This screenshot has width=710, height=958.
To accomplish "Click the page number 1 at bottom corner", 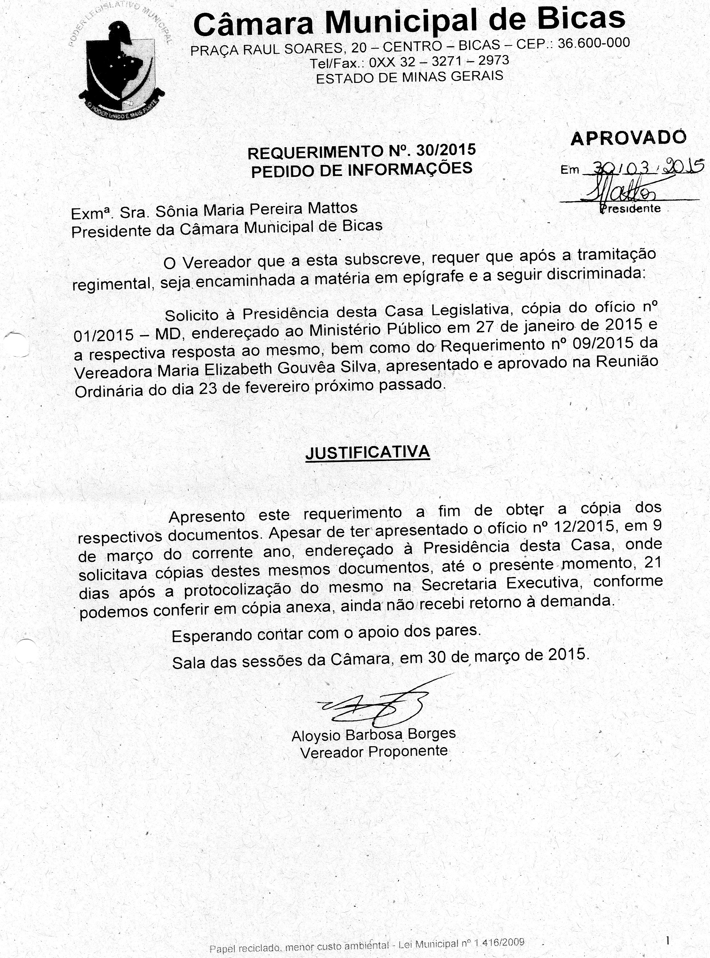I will (667, 940).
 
